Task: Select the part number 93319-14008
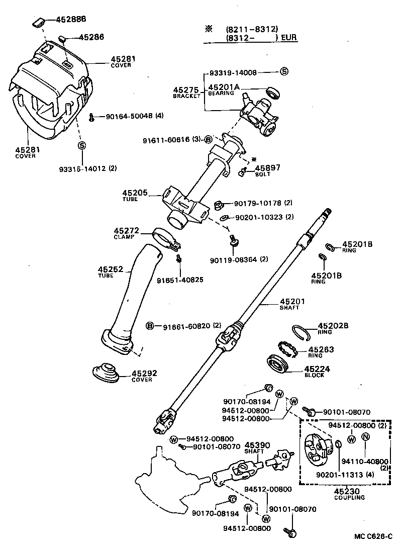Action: (x=233, y=72)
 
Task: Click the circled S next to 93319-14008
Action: (x=284, y=72)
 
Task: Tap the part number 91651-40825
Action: (x=180, y=280)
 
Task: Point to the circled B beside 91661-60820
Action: (x=150, y=326)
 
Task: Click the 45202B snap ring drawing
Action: (x=303, y=331)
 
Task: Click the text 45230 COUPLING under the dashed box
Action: (x=349, y=494)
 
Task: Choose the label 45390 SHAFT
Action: (x=257, y=447)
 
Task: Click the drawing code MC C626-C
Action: (x=372, y=536)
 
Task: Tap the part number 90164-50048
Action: (x=129, y=116)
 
